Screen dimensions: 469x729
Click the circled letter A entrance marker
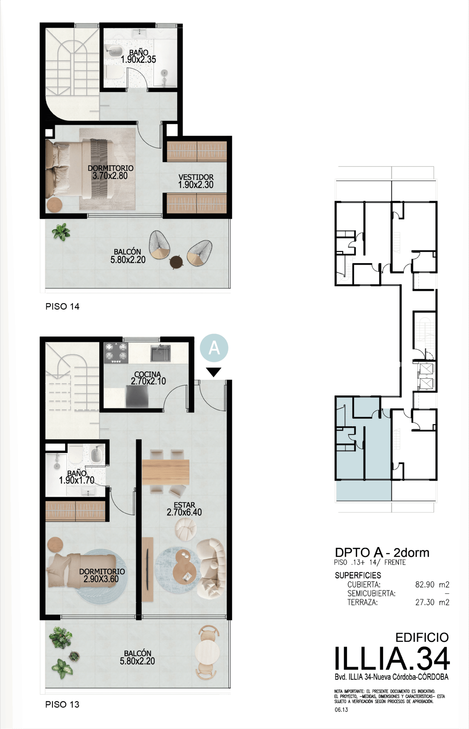[214, 348]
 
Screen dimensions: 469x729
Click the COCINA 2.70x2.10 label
[148, 378]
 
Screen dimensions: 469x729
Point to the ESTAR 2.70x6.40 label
[184, 509]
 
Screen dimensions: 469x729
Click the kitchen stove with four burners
[116, 353]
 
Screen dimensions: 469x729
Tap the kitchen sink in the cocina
[160, 353]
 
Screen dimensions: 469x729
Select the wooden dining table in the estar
[165, 472]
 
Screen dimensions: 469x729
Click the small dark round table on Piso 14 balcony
[176, 262]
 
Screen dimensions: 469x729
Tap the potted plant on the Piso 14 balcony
[61, 232]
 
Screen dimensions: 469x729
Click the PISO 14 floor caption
[62, 306]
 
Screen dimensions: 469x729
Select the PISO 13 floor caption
[62, 704]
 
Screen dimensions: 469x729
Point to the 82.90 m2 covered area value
[432, 584]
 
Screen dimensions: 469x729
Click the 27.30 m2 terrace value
[432, 602]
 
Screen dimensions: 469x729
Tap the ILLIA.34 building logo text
[392, 659]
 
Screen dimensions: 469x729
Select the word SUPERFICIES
[358, 575]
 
